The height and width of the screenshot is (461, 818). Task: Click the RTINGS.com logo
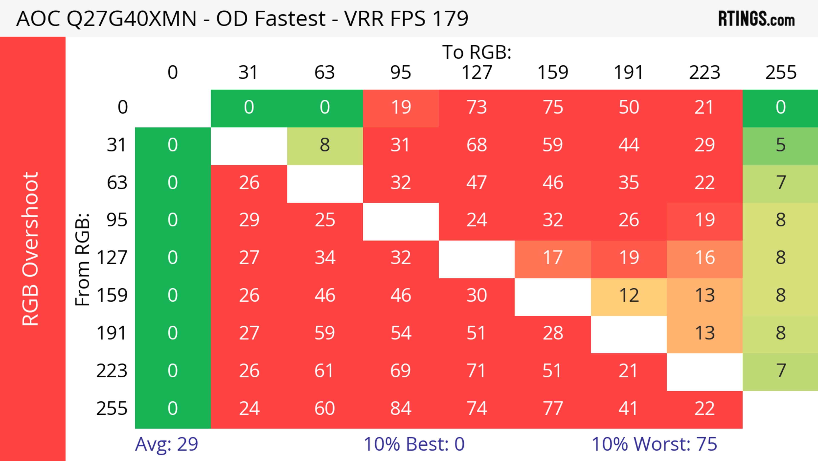pyautogui.click(x=756, y=18)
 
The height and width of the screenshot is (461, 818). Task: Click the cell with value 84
pyautogui.click(x=401, y=408)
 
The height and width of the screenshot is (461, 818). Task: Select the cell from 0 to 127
pyautogui.click(x=477, y=107)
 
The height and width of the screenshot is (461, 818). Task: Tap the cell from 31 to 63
pyautogui.click(x=324, y=145)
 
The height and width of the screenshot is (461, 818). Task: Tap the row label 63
pyautogui.click(x=117, y=182)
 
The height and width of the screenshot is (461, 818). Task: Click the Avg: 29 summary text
pyautogui.click(x=166, y=444)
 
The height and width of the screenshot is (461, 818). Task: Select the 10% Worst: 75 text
pyautogui.click(x=654, y=444)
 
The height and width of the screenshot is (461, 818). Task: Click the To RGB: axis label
pyautogui.click(x=477, y=52)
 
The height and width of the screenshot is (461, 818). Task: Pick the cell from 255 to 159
pyautogui.click(x=553, y=408)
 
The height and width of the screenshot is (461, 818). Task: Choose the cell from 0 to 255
pyautogui.click(x=781, y=107)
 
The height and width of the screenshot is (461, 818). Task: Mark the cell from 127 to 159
pyautogui.click(x=553, y=257)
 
